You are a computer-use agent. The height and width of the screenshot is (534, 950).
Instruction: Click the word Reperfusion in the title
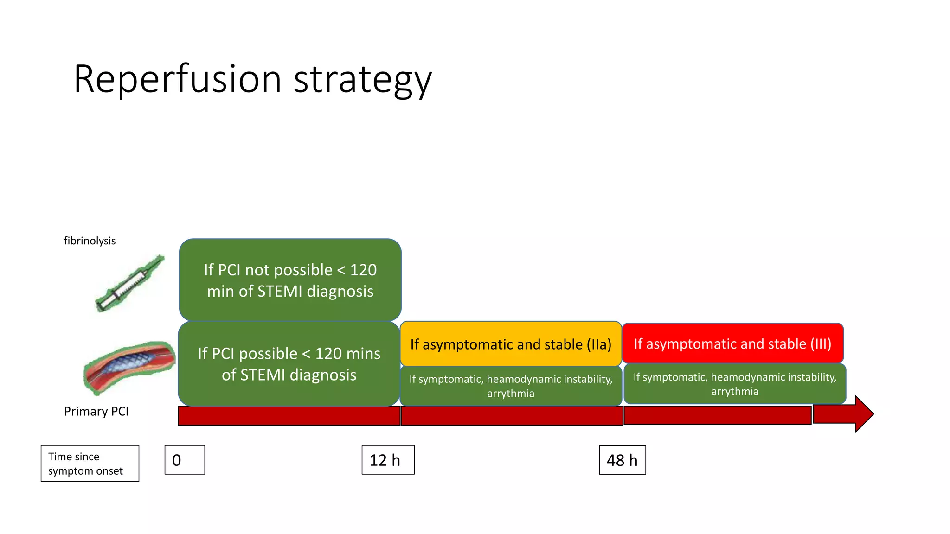click(x=178, y=79)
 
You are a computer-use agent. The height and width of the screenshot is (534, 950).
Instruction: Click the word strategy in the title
click(x=363, y=80)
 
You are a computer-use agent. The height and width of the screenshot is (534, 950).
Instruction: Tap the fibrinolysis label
click(x=90, y=241)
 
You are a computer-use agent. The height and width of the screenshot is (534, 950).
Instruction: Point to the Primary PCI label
click(x=96, y=411)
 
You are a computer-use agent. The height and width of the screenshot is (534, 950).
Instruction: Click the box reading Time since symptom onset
click(x=90, y=463)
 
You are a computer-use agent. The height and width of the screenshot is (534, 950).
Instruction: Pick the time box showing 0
click(x=184, y=460)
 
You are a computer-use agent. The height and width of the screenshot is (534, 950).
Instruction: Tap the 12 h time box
click(x=388, y=460)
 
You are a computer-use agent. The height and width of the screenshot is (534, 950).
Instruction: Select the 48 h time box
click(x=622, y=460)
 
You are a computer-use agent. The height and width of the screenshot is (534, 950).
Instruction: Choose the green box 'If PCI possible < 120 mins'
click(x=289, y=364)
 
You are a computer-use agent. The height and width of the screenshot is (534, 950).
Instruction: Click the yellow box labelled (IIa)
click(x=510, y=344)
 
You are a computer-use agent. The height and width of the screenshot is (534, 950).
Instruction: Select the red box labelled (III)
click(x=732, y=343)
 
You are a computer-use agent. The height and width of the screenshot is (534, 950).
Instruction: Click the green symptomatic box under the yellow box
click(x=510, y=386)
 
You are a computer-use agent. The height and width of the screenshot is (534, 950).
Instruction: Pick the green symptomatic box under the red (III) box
click(x=735, y=384)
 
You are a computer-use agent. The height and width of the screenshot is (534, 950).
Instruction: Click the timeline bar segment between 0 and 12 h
click(x=289, y=416)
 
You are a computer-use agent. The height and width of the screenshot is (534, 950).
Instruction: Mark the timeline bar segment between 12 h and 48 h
click(x=511, y=416)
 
